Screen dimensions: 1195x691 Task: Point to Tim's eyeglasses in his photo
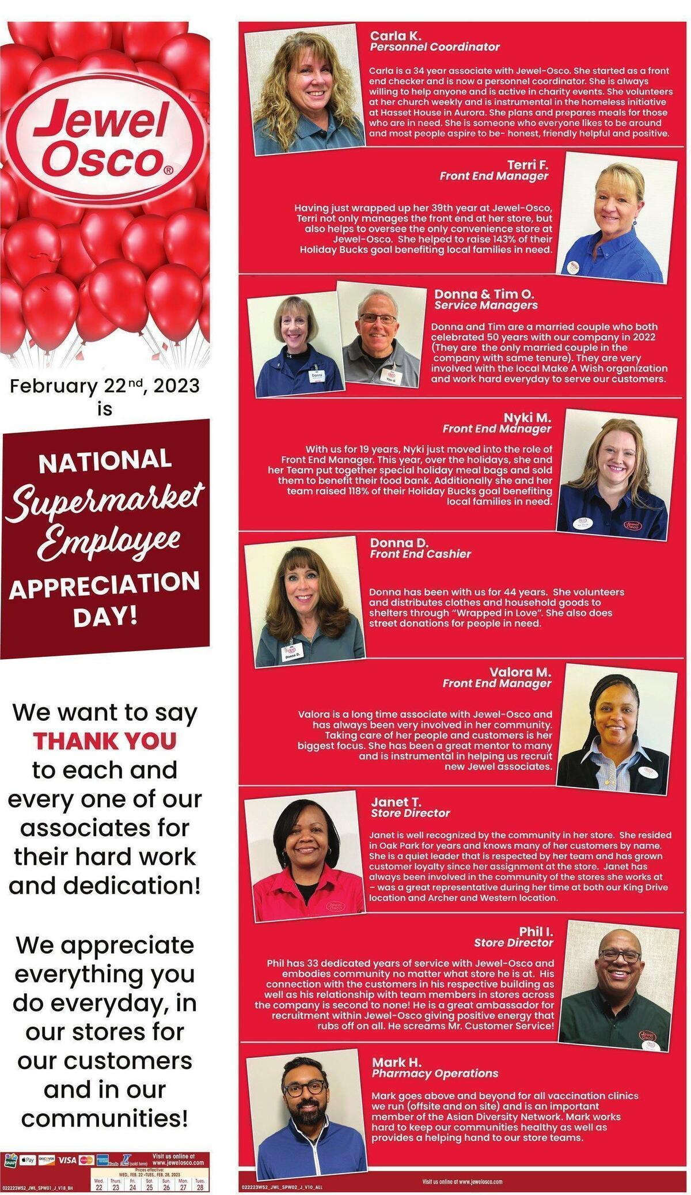coord(378,318)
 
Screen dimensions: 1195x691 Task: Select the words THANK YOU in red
coord(104,740)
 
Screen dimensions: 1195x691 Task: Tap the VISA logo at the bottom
coord(67,1160)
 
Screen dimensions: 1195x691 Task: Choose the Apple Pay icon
coord(27,1160)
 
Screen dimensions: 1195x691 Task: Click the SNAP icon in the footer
coord(10,1160)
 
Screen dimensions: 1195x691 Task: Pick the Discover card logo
coord(46,1160)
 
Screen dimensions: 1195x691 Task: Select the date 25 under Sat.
coord(149,1187)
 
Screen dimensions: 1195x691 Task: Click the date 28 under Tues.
coord(200,1187)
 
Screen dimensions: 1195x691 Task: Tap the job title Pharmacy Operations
coord(435,1073)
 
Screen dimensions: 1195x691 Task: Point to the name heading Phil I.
coord(536,932)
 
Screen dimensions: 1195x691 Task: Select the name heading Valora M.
coord(520,672)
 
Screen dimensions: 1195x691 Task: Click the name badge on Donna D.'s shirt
coord(292,653)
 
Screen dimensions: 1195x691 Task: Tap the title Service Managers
coord(485,305)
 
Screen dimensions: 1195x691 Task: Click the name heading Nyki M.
coord(527,417)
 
